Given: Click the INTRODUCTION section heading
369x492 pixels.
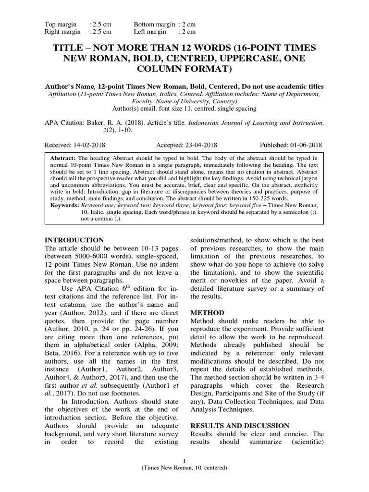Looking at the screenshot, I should (x=74, y=240).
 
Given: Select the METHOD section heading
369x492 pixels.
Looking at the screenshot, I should (x=207, y=312).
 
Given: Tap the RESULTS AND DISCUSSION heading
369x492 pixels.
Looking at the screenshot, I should (x=240, y=426).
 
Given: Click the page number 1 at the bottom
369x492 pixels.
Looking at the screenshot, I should (x=185, y=460).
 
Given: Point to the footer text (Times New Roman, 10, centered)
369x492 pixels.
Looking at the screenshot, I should (x=185, y=467).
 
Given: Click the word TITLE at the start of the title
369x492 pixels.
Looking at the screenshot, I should (x=72, y=48).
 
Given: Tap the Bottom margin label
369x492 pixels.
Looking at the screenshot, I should (x=155, y=24).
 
